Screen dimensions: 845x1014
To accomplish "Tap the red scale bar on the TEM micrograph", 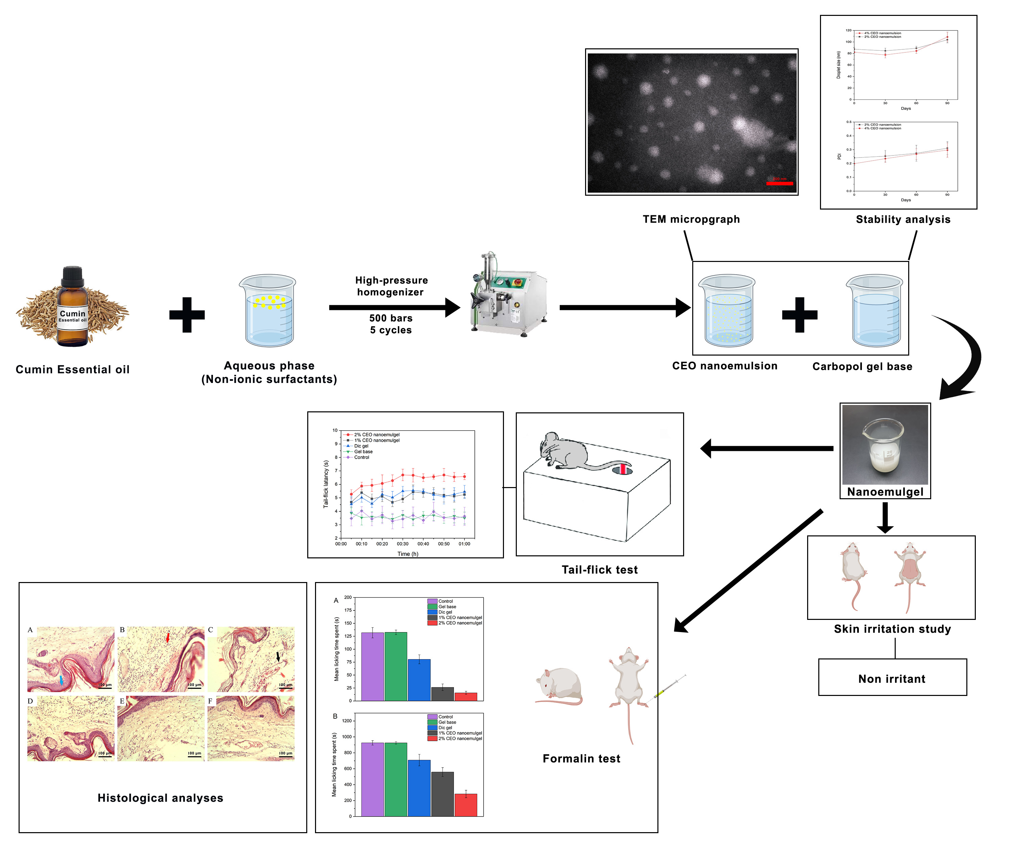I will [779, 184].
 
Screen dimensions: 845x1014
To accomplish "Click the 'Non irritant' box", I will [892, 678].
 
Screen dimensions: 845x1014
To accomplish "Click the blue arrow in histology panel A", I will [61, 680].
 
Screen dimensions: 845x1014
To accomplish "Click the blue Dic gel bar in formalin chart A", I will [419, 679].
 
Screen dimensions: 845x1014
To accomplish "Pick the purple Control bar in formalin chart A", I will [372, 666].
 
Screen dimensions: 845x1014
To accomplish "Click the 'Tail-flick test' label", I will [599, 570].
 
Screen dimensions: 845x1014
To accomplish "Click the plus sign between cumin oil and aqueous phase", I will [187, 315].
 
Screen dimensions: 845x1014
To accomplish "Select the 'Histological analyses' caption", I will [160, 798].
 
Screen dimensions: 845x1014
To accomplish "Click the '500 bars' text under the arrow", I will [391, 318].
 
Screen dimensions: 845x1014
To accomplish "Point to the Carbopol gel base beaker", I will [875, 311].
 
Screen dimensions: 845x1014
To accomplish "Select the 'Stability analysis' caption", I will [903, 219].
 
